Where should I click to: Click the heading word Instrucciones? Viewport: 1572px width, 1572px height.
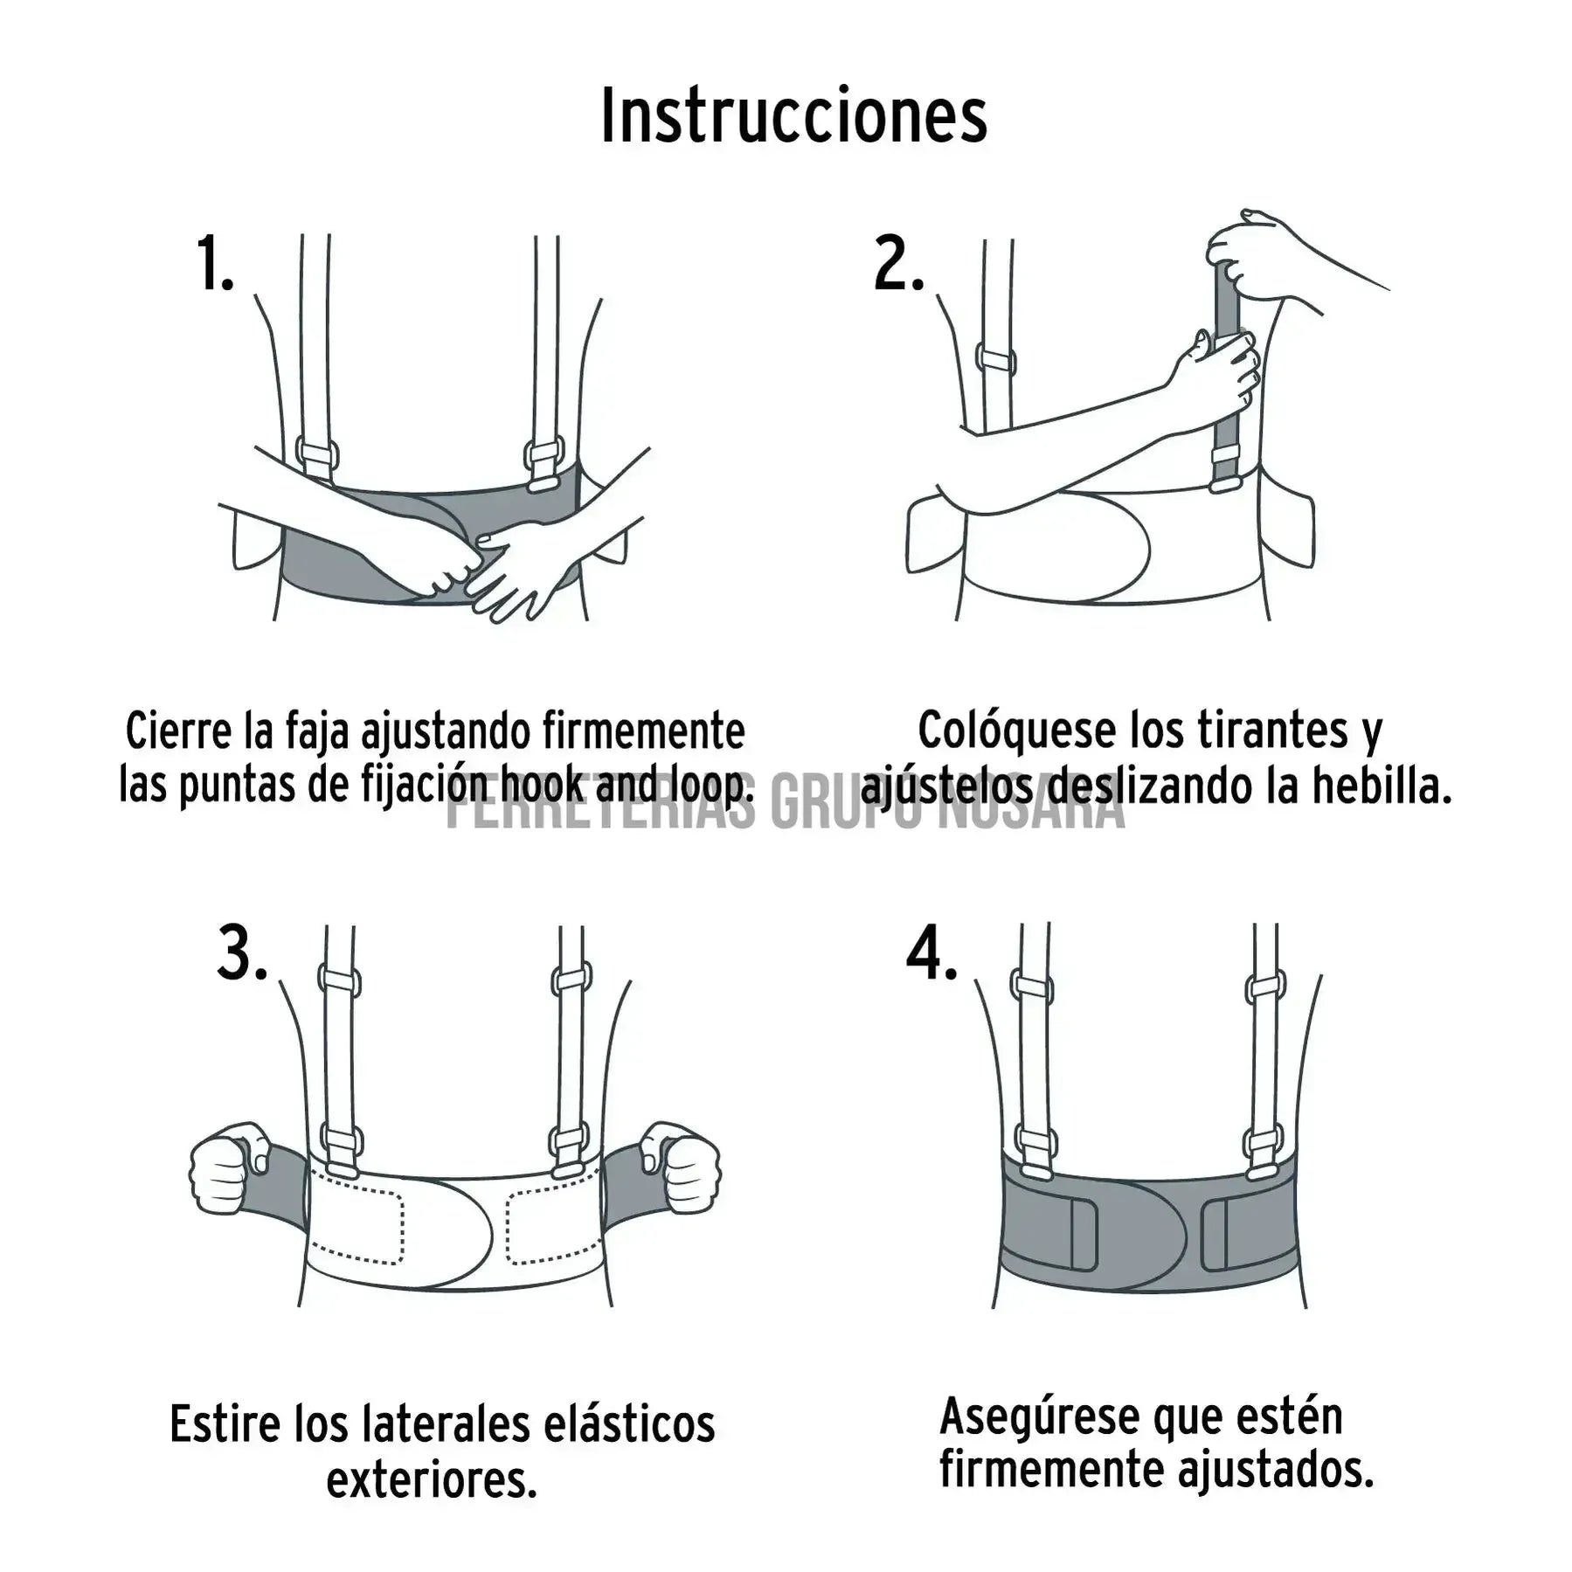pos(793,117)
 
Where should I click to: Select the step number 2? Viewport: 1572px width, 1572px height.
pos(897,264)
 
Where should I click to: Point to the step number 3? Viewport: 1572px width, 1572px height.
pos(241,954)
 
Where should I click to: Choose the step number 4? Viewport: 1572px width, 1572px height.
pos(931,954)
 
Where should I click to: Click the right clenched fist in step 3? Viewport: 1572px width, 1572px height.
pos(683,1168)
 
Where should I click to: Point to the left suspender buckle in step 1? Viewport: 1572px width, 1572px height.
pos(317,458)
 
